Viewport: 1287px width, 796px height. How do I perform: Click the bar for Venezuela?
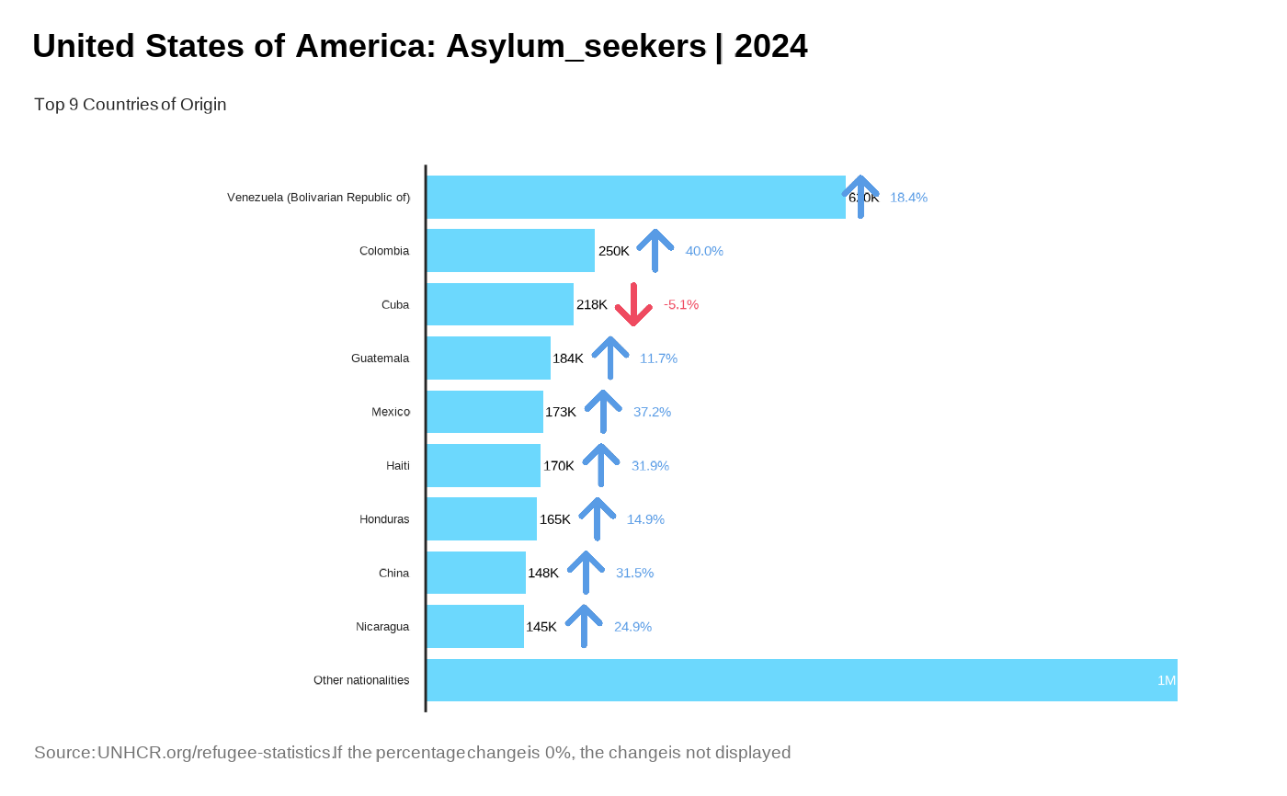coord(635,197)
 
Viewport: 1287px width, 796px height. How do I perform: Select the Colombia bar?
coord(510,250)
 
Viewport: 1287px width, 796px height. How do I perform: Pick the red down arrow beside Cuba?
coord(633,304)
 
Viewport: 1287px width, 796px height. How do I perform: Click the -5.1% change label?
coord(681,304)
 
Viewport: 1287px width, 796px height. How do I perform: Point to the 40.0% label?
coord(704,251)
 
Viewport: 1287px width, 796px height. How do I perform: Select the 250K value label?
coord(613,251)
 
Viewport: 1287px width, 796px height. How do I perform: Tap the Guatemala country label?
coord(380,358)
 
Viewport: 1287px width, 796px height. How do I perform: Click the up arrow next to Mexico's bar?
coord(603,411)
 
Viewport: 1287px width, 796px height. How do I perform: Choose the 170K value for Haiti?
coord(558,466)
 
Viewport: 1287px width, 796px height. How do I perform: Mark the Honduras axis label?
coord(384,519)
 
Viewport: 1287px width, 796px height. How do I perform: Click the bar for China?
coord(476,573)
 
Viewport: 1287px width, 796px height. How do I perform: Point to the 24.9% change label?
coord(632,627)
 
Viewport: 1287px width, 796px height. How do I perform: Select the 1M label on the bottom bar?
coord(1166,680)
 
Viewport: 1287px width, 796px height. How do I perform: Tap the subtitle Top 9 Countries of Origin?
coord(130,105)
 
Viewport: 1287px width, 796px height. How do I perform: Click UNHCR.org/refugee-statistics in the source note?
coord(213,753)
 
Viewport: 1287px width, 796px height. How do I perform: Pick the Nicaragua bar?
coord(475,626)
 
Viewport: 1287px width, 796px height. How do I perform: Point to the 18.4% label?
coord(908,198)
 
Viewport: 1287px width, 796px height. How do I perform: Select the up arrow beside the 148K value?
coord(586,573)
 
